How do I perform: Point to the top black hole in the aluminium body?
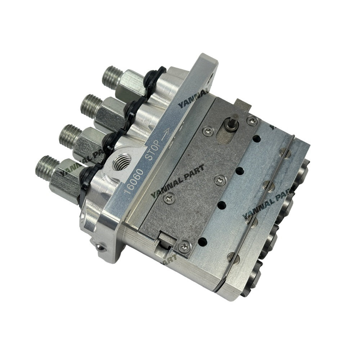coord(257,138)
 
